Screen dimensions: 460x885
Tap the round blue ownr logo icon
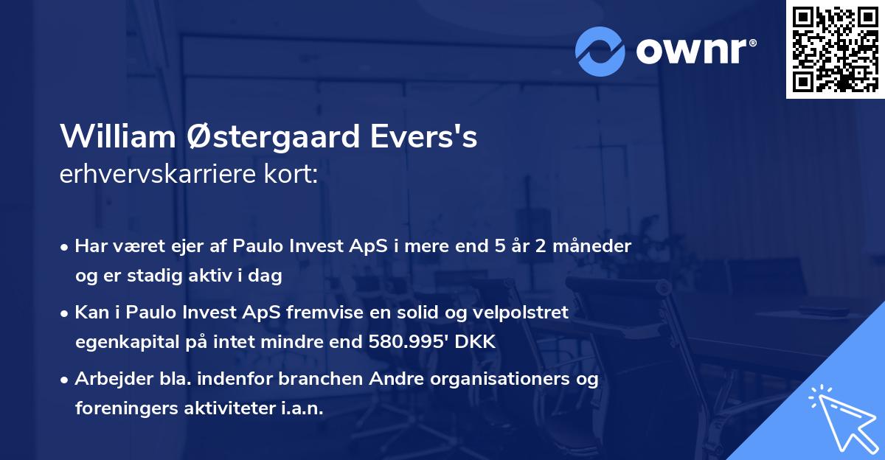point(600,51)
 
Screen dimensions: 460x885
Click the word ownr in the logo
point(695,51)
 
